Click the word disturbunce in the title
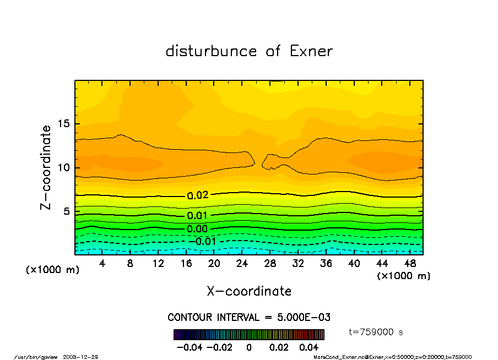pos(212,51)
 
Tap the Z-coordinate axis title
pos(46,167)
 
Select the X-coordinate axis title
pos(249,291)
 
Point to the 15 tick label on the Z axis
pos(64,124)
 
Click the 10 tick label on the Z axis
pos(64,167)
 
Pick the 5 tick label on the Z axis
pos(67,211)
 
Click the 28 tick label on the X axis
pos(270,264)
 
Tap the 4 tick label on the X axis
pos(102,264)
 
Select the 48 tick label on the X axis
pos(409,264)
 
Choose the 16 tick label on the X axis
pos(186,264)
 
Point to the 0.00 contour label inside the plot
pos(197,229)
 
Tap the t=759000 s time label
pos(377,332)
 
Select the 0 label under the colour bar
pos(249,348)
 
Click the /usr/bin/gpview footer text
pos(39,357)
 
